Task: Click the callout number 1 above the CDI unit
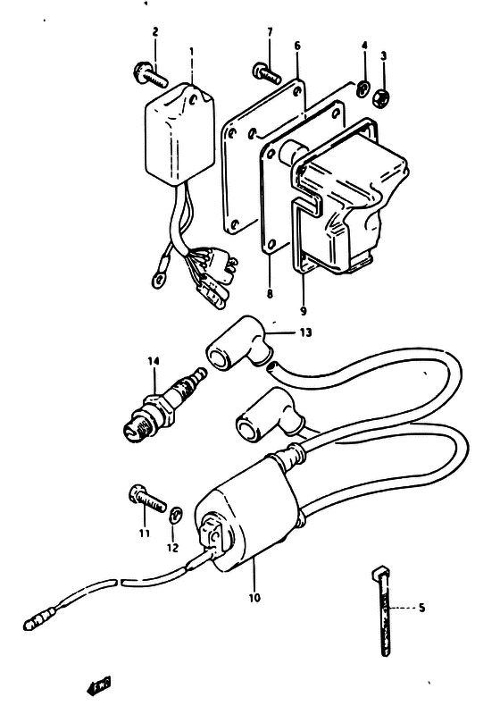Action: coord(191,52)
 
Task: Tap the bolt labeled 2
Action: coord(150,75)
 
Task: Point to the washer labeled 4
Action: coord(363,89)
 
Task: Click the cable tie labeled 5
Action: coord(381,611)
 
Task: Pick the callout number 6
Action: coord(297,46)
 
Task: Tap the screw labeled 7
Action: coord(267,72)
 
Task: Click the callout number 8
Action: coord(270,293)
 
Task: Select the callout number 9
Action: coord(304,311)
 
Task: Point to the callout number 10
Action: coord(254,598)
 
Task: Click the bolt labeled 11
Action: coord(147,499)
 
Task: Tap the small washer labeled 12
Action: coord(176,514)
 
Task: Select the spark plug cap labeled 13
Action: coord(240,341)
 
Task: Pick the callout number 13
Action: coord(305,332)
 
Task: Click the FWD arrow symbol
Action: coord(98,685)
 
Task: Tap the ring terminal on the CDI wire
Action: coord(159,280)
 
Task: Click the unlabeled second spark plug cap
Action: coord(270,416)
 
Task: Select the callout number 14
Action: coord(154,361)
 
